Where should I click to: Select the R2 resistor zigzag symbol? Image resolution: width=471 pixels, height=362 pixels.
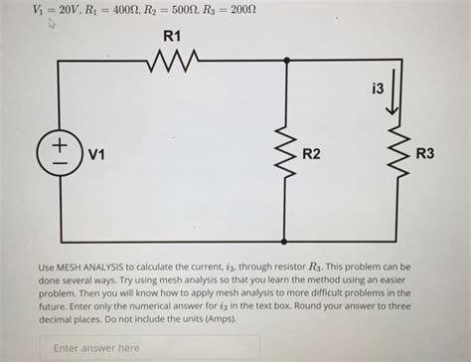tap(286, 151)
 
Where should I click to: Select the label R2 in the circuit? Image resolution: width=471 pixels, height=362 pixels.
tap(312, 154)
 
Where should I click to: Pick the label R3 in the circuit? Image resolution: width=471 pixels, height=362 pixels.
tap(424, 154)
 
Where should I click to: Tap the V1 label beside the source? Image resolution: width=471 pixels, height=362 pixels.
tap(96, 154)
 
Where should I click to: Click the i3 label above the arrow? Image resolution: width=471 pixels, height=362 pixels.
tap(377, 90)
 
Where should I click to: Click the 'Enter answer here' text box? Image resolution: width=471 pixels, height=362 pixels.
tap(150, 348)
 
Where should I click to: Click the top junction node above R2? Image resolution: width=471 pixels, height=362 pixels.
tap(286, 62)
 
